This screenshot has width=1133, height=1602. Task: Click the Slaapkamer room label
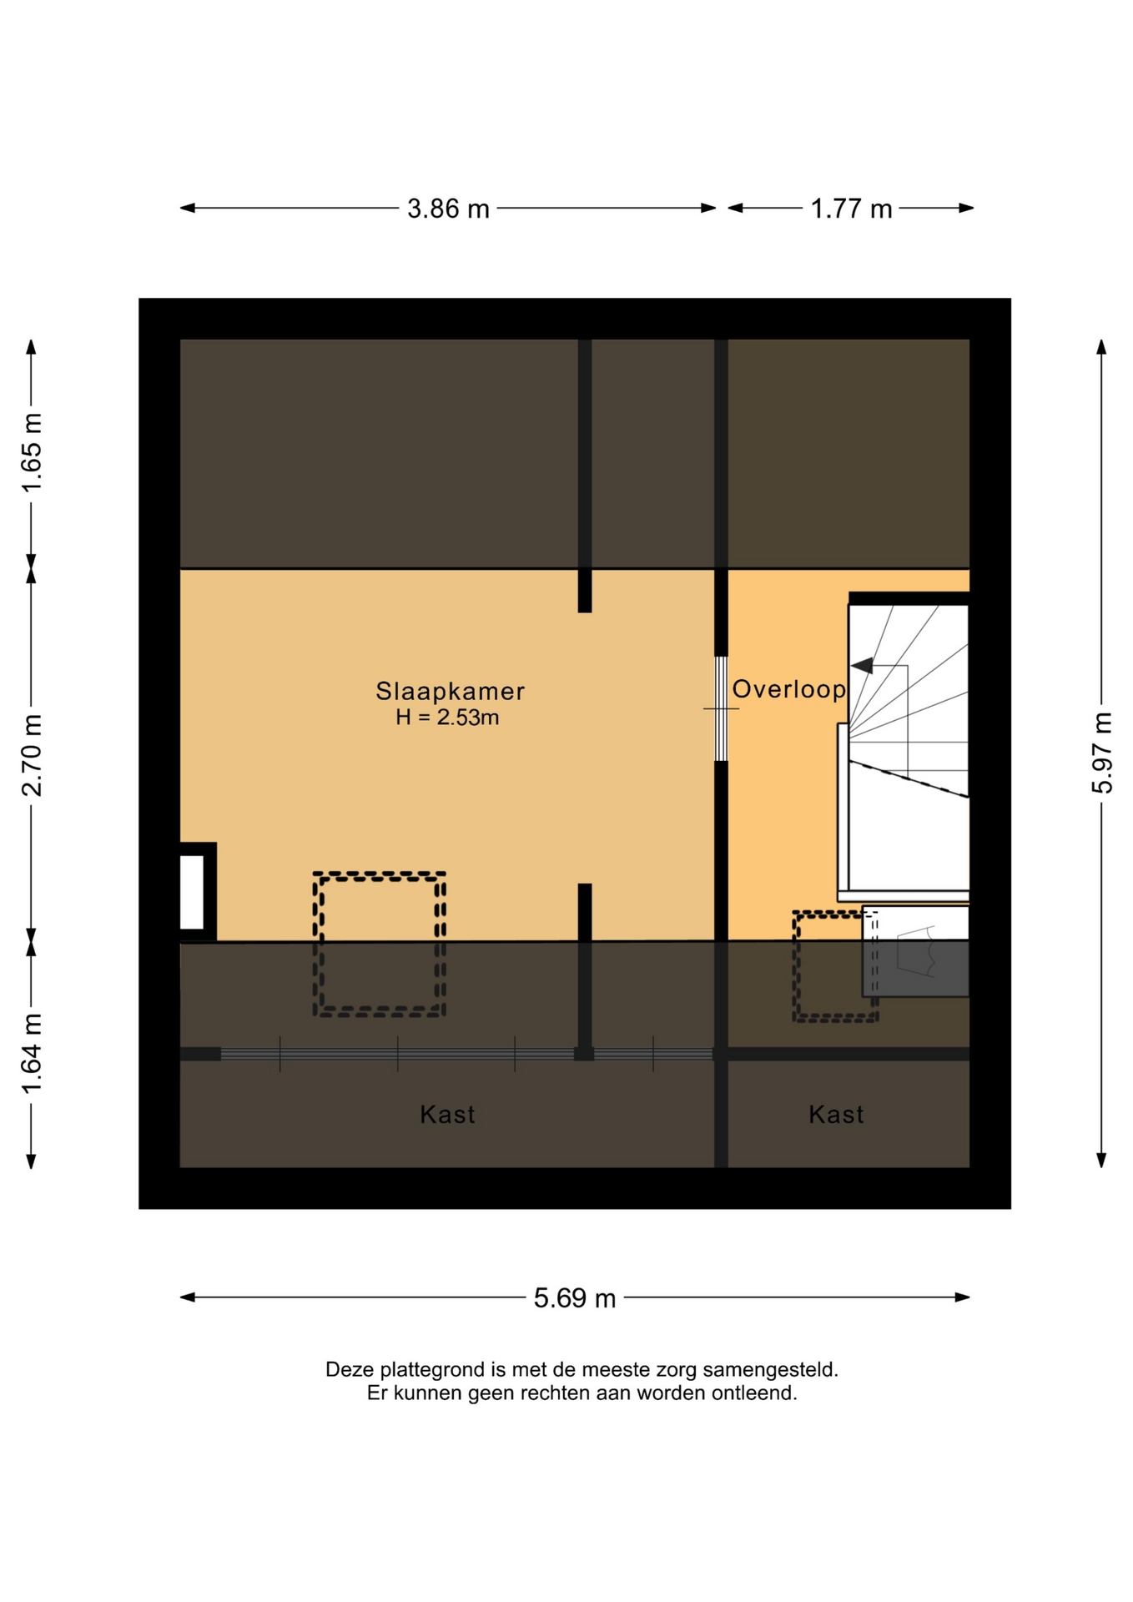click(x=450, y=691)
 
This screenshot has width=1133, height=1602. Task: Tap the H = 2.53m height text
click(x=447, y=717)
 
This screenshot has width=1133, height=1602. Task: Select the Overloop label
click(x=788, y=689)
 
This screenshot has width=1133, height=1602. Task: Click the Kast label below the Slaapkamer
click(x=447, y=1114)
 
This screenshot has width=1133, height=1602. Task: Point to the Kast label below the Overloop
click(x=836, y=1114)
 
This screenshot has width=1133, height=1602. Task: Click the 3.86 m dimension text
click(x=448, y=209)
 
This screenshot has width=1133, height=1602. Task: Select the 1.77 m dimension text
click(x=851, y=209)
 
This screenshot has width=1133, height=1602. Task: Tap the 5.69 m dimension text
click(x=575, y=1297)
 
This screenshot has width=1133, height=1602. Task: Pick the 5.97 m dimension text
click(x=1102, y=753)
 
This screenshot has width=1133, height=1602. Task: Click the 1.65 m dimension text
click(x=32, y=452)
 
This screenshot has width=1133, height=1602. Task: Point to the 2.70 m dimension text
click(x=32, y=756)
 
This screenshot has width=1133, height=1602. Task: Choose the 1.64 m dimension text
click(x=32, y=1053)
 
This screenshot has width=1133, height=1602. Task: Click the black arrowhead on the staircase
click(x=862, y=666)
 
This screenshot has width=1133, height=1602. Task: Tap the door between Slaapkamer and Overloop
click(x=721, y=708)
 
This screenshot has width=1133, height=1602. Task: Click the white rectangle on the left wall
click(x=192, y=892)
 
